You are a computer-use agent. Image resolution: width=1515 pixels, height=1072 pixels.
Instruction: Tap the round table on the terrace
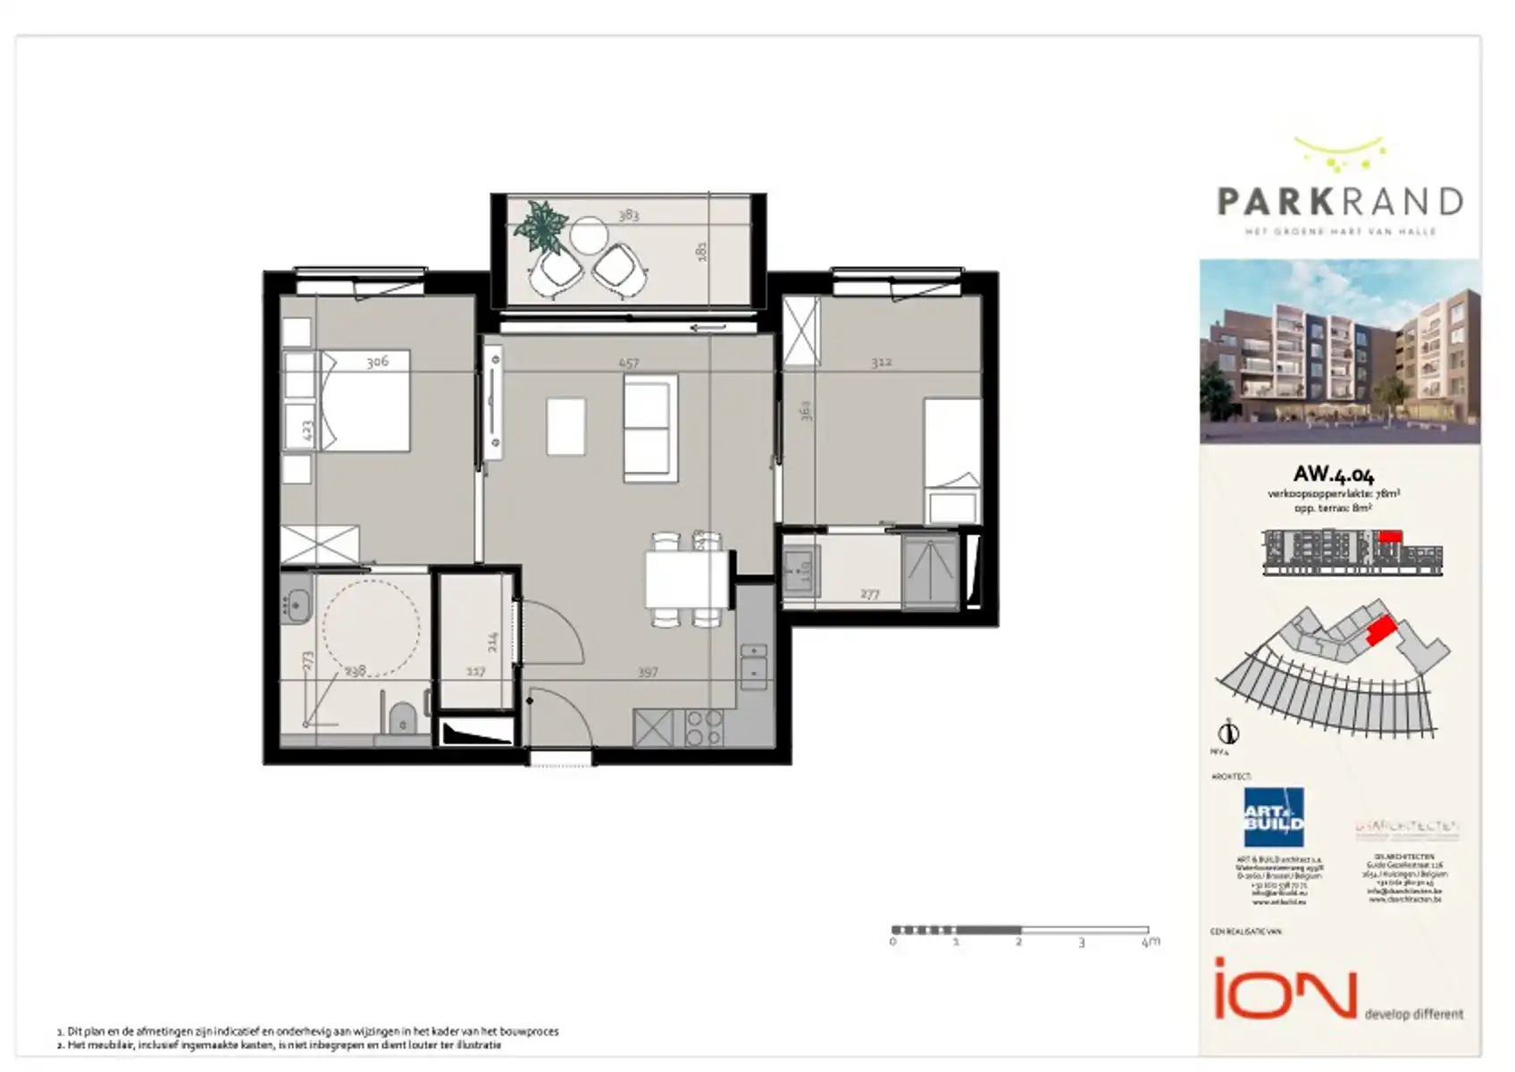click(589, 237)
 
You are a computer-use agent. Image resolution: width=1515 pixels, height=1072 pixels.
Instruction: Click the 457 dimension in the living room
click(629, 364)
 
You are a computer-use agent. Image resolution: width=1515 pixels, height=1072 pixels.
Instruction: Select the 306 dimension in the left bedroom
click(377, 362)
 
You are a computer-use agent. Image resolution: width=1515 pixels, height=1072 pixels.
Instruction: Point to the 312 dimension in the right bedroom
click(881, 362)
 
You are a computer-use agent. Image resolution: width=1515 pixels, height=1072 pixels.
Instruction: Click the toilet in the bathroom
click(403, 717)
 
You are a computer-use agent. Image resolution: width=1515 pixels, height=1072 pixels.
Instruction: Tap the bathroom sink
click(296, 598)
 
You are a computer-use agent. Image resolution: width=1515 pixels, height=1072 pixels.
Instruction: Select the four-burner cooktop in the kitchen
click(703, 728)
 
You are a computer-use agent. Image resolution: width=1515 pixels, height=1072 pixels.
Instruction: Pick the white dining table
click(687, 580)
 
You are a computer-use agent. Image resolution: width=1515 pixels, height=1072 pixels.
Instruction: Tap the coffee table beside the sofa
click(565, 426)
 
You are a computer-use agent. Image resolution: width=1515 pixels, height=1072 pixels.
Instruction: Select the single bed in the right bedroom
click(952, 460)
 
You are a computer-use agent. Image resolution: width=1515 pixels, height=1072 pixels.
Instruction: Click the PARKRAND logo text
click(1340, 202)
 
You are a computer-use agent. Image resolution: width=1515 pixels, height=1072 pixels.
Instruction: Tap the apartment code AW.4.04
click(1334, 474)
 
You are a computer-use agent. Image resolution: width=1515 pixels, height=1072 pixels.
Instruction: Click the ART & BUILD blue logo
click(1274, 817)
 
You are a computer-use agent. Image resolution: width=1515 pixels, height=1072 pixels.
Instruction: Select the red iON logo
click(1285, 988)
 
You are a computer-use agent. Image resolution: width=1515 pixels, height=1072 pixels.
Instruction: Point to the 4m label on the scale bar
click(1151, 942)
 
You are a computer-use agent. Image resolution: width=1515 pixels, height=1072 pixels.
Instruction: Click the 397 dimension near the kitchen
click(648, 672)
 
